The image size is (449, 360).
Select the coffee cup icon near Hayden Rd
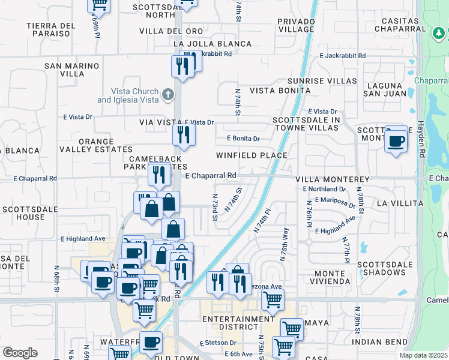click(396, 142)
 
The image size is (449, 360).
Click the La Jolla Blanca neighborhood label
click(212, 44)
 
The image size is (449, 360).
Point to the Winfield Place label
click(252, 155)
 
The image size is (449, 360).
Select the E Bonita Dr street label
click(243, 139)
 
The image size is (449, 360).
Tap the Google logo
click(20, 353)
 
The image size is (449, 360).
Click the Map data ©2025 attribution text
click(424, 355)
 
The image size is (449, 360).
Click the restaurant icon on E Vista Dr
click(184, 134)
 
